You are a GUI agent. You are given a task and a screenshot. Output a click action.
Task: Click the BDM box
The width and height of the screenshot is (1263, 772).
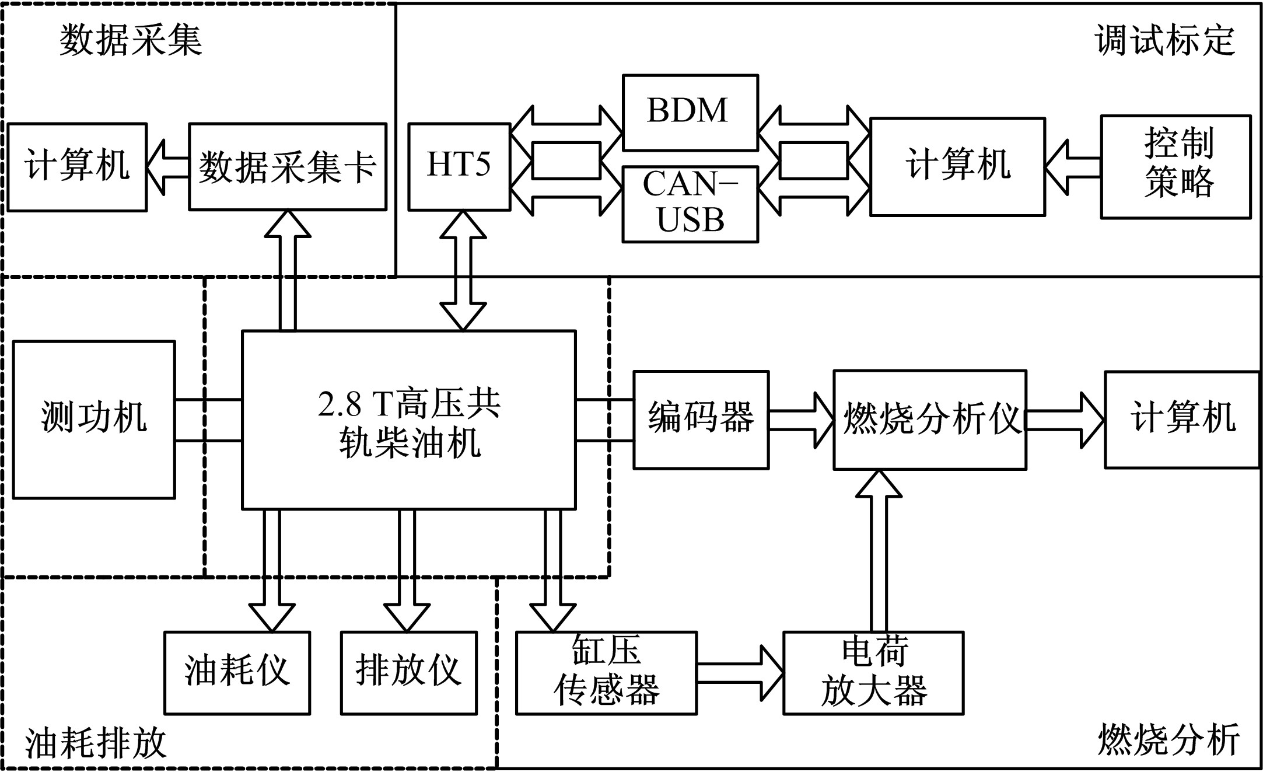(x=690, y=112)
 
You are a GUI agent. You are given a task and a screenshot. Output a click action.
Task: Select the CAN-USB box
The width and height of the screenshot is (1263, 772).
(x=690, y=204)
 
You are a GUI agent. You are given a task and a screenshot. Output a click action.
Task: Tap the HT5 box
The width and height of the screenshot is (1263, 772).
(x=459, y=166)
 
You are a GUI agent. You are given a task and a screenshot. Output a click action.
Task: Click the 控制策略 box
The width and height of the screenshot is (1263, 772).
(x=1175, y=166)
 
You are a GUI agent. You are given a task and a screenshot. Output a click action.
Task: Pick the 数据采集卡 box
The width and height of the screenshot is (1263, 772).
(x=288, y=166)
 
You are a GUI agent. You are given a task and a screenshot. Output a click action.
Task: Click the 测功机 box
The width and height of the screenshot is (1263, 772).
(x=94, y=419)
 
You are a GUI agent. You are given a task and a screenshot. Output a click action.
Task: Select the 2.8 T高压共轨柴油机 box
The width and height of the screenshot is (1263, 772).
(x=408, y=419)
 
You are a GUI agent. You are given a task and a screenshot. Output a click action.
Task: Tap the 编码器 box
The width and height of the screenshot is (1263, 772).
(x=701, y=419)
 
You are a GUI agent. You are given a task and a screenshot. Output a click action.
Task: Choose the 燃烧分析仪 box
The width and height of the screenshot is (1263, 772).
(x=929, y=419)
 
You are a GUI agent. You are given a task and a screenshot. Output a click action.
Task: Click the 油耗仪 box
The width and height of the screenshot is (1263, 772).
(x=237, y=672)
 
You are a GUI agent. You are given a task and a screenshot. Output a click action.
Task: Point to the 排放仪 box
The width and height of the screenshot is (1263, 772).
(x=408, y=672)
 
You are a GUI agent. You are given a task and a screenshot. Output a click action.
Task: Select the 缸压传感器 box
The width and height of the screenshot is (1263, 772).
(x=606, y=672)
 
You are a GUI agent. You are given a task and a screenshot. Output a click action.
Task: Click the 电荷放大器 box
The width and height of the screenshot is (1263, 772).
(x=873, y=672)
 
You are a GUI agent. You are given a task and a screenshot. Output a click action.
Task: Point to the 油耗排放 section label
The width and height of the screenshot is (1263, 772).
(x=96, y=743)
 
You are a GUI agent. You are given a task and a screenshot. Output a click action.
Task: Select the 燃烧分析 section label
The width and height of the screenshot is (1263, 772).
(x=1168, y=740)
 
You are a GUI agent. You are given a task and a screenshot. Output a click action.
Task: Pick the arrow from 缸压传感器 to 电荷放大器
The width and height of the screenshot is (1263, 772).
(x=740, y=672)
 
